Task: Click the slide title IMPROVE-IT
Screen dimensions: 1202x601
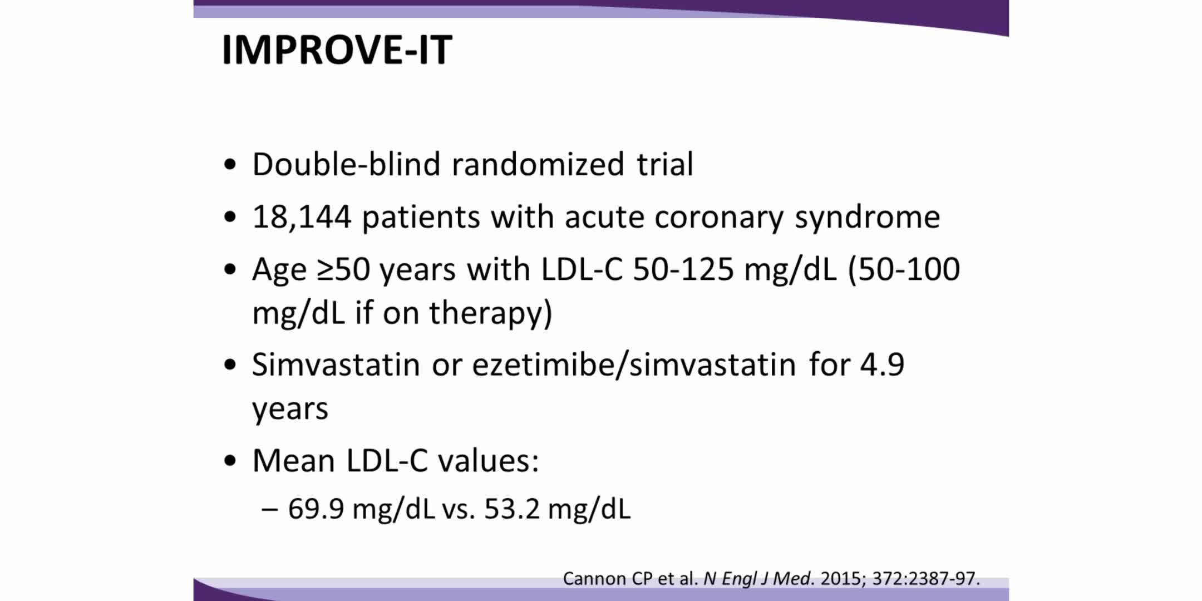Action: point(337,50)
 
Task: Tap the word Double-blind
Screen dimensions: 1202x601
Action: point(346,164)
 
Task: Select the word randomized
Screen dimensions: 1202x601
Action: point(538,164)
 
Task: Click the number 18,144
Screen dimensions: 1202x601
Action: point(302,217)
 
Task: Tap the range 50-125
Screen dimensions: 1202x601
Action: point(683,269)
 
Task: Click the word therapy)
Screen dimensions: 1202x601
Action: point(490,313)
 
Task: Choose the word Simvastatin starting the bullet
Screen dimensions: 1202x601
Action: point(336,365)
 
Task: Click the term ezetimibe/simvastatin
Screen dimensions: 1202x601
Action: point(634,365)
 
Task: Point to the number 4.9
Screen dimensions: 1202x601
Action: point(882,365)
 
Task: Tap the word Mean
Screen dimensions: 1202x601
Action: point(293,461)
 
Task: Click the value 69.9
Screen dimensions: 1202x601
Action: point(316,509)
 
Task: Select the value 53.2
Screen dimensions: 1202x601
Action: point(512,509)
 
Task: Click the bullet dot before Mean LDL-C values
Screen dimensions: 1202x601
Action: point(230,462)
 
